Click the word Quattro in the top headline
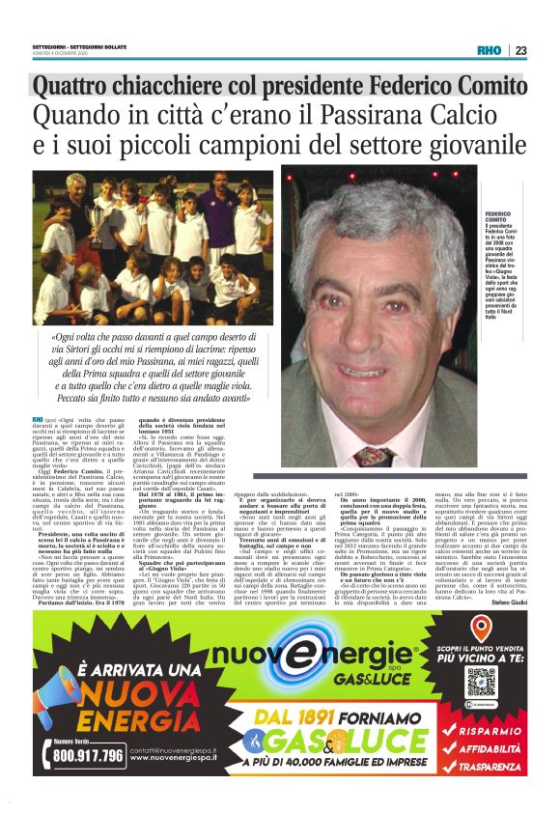point(71,88)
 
